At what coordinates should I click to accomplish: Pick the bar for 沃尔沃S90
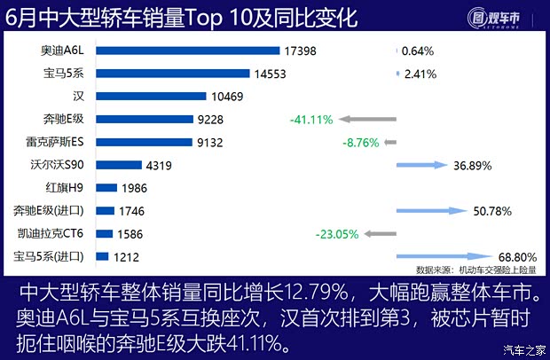point(118,164)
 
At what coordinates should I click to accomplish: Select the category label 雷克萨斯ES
point(56,142)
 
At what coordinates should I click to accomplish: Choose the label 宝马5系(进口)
point(50,257)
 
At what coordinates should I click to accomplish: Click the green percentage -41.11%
point(310,119)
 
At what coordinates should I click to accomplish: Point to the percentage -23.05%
point(336,234)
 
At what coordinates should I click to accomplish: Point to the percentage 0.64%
point(417,51)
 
